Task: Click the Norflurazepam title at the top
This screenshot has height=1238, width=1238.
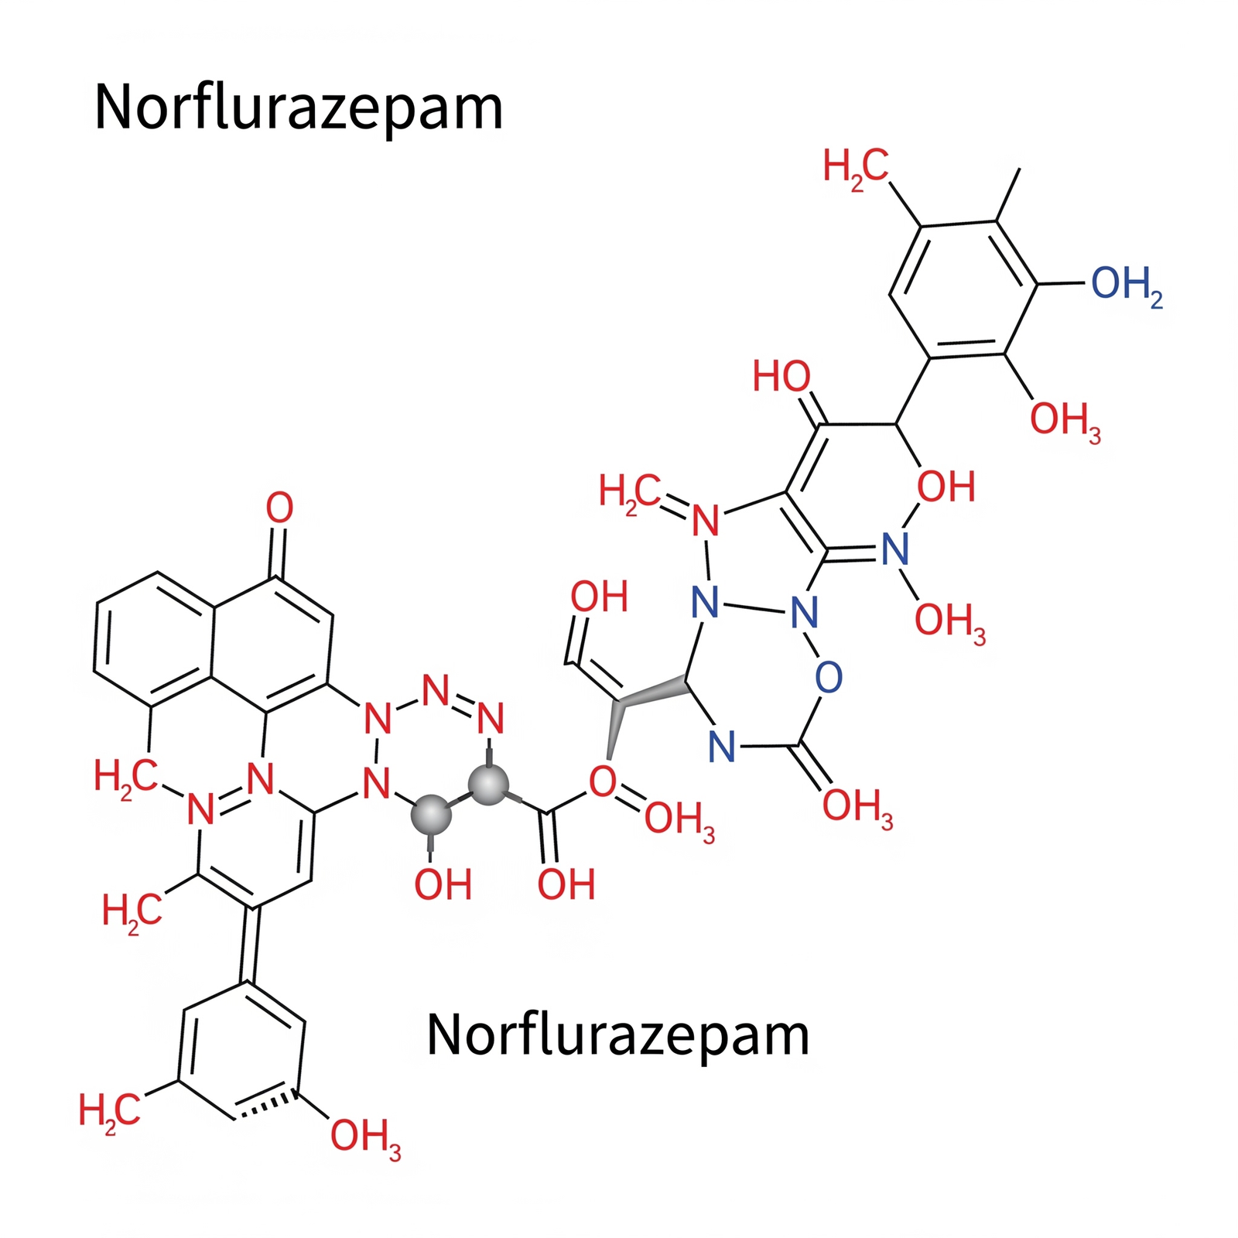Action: [299, 108]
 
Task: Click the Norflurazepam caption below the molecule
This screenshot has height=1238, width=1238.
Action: [617, 1036]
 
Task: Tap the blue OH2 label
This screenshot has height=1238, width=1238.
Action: [1127, 285]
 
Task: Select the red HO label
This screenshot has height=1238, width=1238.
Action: [781, 377]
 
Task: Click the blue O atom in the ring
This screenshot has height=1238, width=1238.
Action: [828, 677]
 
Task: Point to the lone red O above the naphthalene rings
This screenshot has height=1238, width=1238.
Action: [279, 508]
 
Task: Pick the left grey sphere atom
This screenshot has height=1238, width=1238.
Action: [431, 815]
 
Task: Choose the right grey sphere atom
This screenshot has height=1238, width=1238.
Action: [488, 785]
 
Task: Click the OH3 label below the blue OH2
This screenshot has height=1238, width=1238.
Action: [1065, 421]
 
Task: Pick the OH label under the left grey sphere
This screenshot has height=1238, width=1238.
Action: [443, 884]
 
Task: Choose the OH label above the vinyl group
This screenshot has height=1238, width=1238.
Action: [599, 597]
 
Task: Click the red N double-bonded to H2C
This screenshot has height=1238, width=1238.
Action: [705, 521]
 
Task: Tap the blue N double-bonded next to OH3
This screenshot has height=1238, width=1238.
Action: [895, 549]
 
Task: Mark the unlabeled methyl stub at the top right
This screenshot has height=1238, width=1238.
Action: [1008, 195]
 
